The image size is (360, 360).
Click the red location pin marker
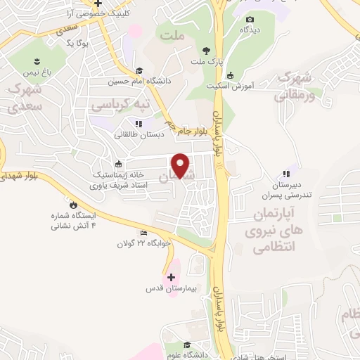pyautogui.click(x=181, y=165)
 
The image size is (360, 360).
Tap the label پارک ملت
pyautogui.click(x=206, y=61)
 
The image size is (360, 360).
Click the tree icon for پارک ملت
pyautogui.click(x=206, y=50)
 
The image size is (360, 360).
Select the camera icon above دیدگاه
pyautogui.click(x=250, y=19)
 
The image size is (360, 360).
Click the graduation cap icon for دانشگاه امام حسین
pyautogui.click(x=139, y=70)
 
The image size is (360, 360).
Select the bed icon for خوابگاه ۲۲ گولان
pyautogui.click(x=144, y=233)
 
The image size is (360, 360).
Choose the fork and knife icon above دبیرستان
pyautogui.click(x=285, y=173)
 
